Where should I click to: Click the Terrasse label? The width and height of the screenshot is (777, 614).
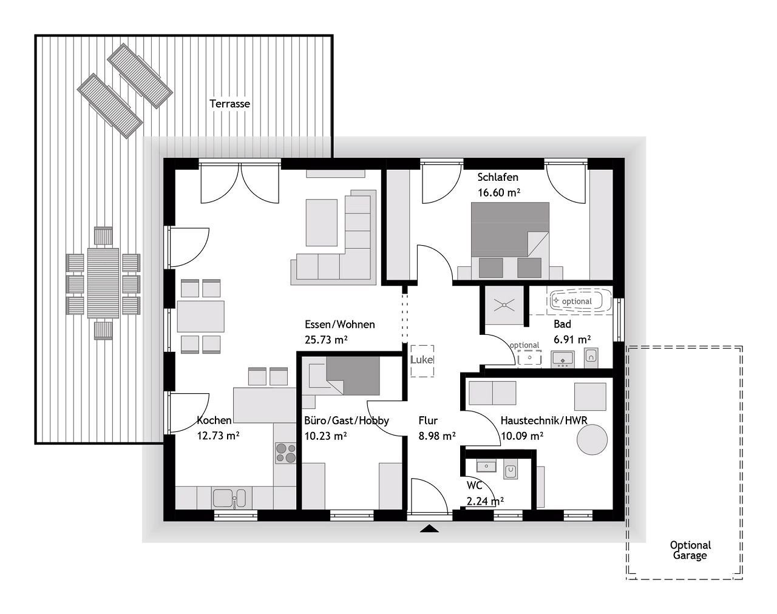[229, 104]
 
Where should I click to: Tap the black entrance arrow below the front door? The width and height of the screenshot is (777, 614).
[429, 529]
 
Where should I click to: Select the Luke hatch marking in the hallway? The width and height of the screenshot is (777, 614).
[422, 361]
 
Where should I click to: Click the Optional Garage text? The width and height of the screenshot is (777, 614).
[690, 550]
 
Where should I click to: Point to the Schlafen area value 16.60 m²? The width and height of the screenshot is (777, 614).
[499, 193]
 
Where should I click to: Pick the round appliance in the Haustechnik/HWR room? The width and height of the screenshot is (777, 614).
[592, 440]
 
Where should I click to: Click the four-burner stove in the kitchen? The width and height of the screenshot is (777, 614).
[285, 453]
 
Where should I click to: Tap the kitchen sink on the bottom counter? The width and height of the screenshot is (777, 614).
[229, 498]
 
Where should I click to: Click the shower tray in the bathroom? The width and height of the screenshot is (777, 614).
[504, 305]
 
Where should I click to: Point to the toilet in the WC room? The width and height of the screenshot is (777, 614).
[510, 469]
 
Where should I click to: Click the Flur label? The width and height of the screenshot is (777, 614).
[428, 420]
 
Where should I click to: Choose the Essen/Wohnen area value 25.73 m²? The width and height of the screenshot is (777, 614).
[326, 340]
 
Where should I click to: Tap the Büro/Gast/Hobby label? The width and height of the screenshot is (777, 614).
[346, 420]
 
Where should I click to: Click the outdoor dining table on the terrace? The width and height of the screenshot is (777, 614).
[103, 283]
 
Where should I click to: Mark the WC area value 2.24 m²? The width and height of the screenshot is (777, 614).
[485, 501]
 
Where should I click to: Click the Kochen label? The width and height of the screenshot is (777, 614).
[214, 420]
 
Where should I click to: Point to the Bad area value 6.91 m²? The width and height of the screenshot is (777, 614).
[572, 340]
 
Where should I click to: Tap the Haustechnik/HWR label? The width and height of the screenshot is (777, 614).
[544, 420]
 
